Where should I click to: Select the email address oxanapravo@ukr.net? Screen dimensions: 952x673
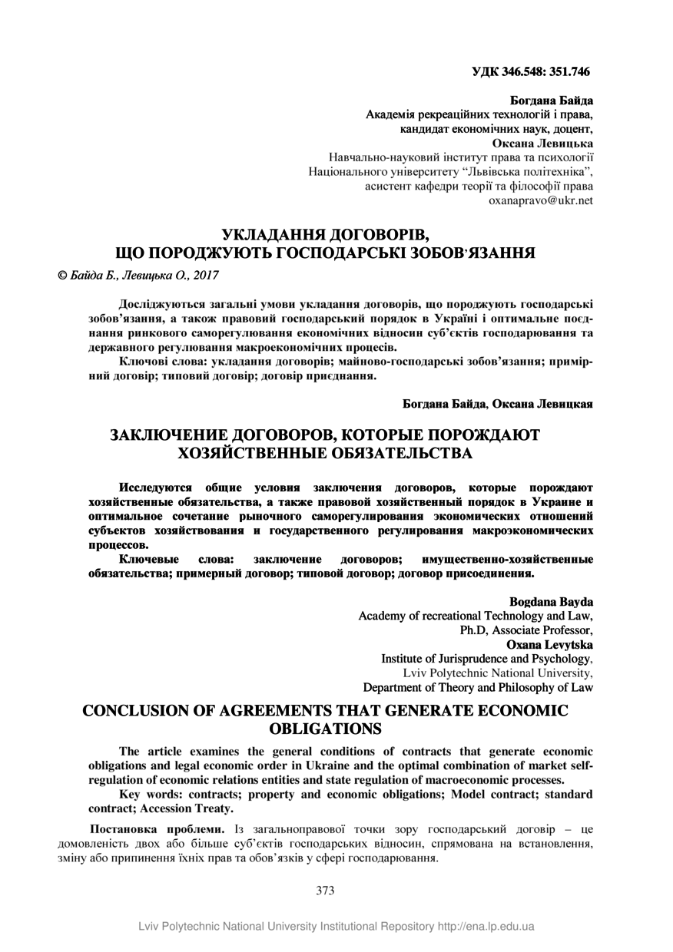(541, 200)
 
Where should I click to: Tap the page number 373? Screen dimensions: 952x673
(325, 891)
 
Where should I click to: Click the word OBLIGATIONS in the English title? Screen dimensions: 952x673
(325, 728)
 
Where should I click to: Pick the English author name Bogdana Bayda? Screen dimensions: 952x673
(551, 601)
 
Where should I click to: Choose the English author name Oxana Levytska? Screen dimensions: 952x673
(549, 644)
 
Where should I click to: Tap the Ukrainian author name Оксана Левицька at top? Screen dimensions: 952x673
(542, 142)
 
